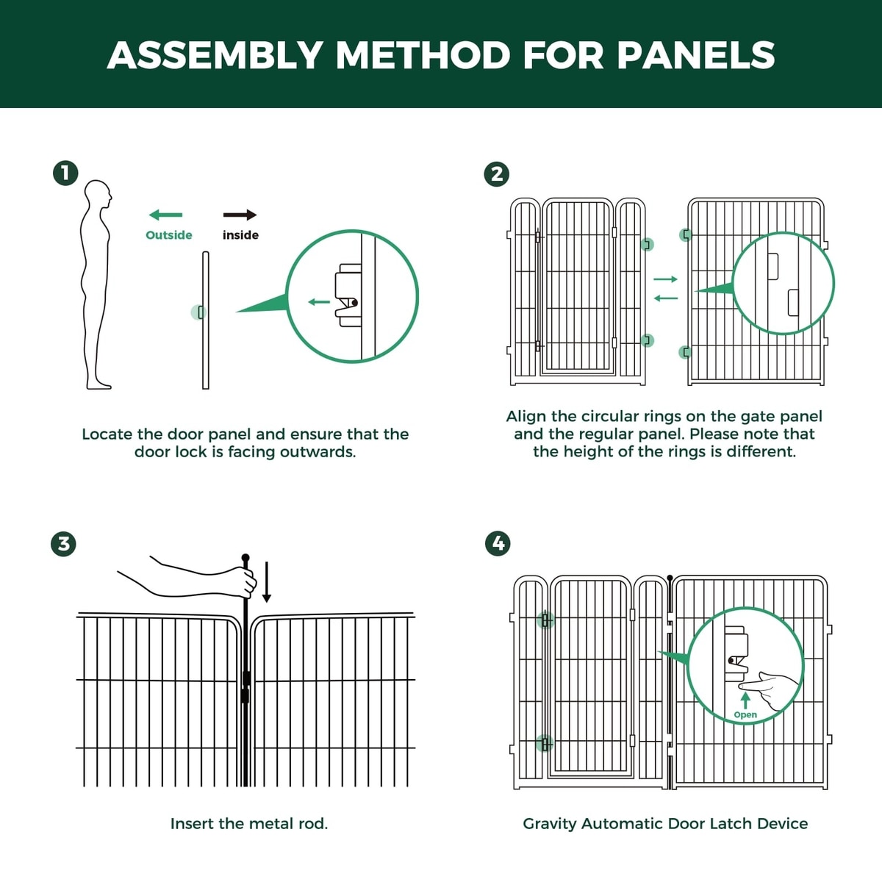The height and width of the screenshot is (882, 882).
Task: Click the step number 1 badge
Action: click(65, 173)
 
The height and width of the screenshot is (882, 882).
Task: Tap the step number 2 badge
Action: click(497, 174)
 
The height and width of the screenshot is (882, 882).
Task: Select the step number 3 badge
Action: click(64, 544)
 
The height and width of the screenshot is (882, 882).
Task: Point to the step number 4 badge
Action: click(498, 543)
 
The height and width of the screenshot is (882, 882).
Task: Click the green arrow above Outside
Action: click(165, 215)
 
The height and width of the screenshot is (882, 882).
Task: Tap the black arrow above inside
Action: click(240, 215)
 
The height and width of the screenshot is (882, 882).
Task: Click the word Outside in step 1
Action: click(169, 235)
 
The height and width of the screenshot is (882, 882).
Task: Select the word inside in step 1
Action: click(241, 235)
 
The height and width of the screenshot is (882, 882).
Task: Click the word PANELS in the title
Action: click(695, 56)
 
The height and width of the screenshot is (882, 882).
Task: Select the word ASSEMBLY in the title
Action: click(215, 56)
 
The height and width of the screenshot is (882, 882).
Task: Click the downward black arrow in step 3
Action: click(267, 582)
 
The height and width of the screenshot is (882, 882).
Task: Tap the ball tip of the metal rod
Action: click(245, 558)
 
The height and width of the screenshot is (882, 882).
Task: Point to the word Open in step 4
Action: click(745, 715)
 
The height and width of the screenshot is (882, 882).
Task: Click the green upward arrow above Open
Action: click(745, 700)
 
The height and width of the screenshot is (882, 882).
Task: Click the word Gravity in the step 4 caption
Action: click(550, 825)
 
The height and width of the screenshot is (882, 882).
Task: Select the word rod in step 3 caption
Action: click(315, 825)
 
